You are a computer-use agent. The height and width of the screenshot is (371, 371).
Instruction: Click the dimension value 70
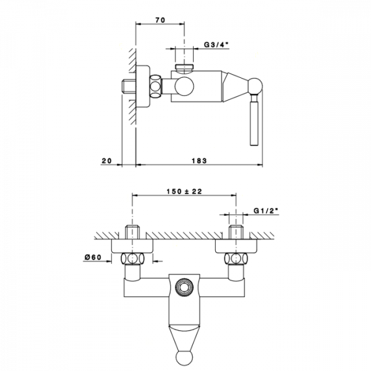[160, 20]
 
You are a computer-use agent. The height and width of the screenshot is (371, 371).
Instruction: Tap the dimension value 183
[198, 160]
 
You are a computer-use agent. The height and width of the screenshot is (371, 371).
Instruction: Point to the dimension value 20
[106, 160]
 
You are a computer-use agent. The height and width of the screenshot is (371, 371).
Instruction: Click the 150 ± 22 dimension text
[184, 192]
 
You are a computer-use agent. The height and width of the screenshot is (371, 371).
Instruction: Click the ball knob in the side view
[255, 85]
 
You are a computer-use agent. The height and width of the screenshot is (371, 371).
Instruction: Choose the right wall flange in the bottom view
[236, 247]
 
